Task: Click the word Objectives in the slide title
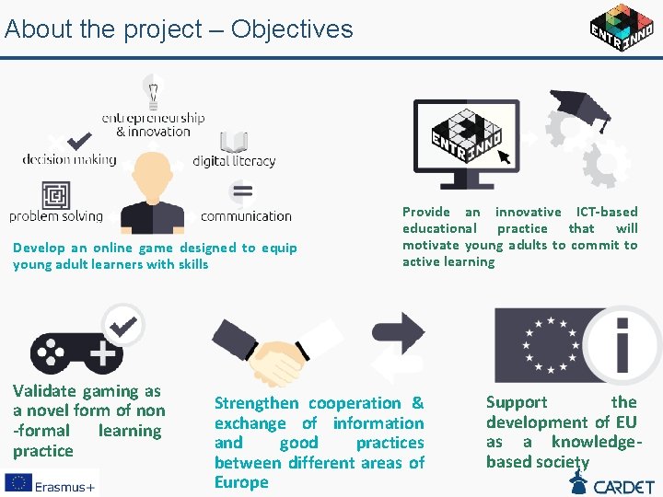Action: click(x=292, y=29)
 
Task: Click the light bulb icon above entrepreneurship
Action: click(x=153, y=93)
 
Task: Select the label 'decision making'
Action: click(x=69, y=159)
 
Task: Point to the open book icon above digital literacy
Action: click(x=234, y=143)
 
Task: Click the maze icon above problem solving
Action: click(x=56, y=195)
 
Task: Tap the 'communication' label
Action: click(x=246, y=216)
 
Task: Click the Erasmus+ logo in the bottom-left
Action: click(x=51, y=482)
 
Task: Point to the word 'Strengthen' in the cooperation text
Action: click(x=257, y=403)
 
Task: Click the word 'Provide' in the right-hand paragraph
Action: click(x=426, y=212)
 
